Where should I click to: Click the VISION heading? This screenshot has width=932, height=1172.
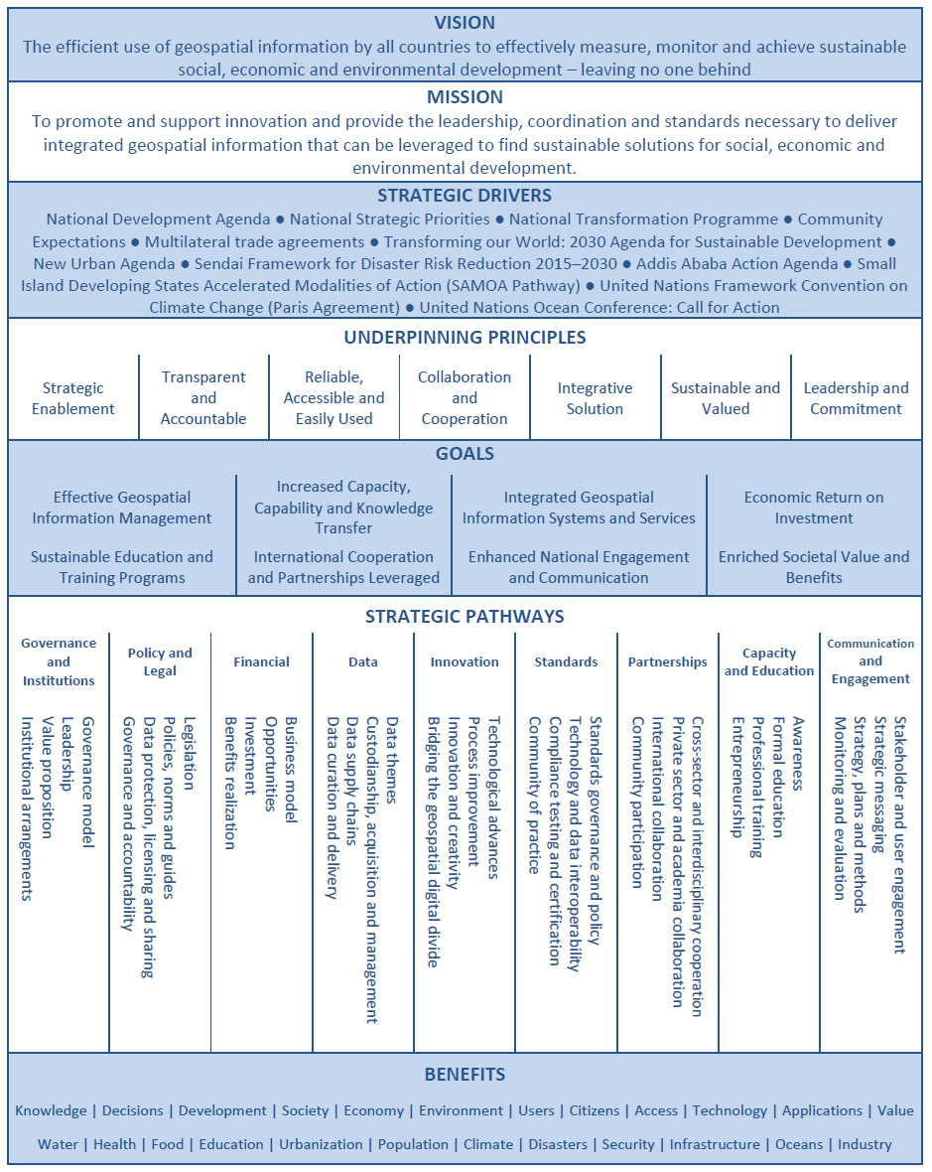point(465,23)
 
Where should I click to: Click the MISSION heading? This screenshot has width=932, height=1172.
point(465,97)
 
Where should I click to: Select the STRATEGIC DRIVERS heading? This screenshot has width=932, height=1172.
point(465,196)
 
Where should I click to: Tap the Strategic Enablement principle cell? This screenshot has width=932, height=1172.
point(73,398)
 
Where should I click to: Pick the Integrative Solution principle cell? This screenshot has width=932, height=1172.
point(595,398)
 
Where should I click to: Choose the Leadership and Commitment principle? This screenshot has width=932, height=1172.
point(856,398)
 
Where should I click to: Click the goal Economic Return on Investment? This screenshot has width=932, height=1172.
point(814,508)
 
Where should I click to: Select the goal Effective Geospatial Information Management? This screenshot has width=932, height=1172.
point(122,508)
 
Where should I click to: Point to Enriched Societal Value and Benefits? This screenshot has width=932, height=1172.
point(814,567)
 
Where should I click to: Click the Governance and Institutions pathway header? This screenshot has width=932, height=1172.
point(59,661)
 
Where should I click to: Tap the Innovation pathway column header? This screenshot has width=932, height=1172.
point(465,661)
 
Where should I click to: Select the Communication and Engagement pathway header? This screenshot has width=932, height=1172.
point(870,661)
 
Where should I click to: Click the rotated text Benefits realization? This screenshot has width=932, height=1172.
point(229,783)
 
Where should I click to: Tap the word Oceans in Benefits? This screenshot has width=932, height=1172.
point(799,1144)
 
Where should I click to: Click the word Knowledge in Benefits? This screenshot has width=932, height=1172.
point(51,1110)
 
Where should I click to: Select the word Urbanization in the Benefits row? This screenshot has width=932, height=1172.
point(321,1144)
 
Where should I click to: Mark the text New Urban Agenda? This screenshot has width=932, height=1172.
point(102,264)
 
